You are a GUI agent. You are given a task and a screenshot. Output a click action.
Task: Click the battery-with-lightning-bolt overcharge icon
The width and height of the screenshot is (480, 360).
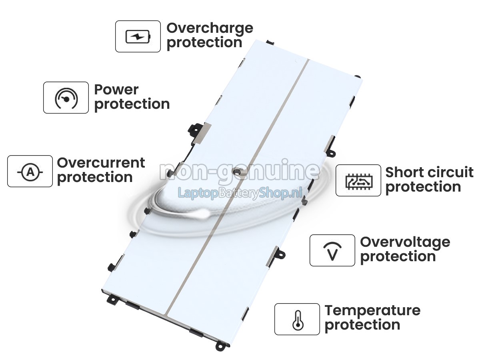138,36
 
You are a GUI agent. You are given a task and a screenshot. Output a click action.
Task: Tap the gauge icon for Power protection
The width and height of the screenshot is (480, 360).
66,98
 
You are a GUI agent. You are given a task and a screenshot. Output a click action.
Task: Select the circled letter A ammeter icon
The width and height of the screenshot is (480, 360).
30,172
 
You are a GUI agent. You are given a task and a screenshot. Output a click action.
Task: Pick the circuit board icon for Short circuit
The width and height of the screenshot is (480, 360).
359,181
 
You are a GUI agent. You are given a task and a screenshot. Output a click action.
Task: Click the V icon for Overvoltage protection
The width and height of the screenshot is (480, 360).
332,251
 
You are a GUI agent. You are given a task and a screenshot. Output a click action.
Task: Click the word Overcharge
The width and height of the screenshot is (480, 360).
210,29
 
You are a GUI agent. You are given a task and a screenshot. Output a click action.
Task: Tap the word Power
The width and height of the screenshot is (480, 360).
116,90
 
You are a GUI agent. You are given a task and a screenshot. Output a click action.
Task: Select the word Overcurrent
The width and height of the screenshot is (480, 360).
101,163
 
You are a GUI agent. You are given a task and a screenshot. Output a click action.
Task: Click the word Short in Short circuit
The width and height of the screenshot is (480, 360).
403,172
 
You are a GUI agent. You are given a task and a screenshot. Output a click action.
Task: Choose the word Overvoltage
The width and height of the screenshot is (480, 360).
405,243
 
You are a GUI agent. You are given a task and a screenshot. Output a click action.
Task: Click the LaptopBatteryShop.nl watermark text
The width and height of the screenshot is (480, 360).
240,193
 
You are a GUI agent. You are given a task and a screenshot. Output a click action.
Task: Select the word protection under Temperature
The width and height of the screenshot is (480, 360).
362,326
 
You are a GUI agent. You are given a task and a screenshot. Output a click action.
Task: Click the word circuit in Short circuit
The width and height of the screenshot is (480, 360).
449,172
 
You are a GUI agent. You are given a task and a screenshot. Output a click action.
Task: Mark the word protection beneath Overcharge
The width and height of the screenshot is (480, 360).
204,43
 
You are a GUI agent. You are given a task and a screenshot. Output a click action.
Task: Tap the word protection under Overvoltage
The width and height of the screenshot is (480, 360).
398,257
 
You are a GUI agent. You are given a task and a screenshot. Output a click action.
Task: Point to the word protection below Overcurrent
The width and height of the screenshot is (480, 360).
95,178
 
